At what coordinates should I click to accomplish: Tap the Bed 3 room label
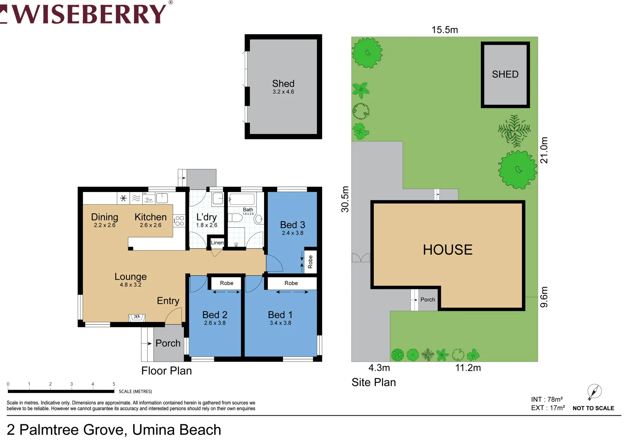(292, 225)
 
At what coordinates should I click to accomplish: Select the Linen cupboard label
(217, 243)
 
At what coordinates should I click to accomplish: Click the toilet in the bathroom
(258, 219)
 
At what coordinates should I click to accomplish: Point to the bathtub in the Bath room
(242, 199)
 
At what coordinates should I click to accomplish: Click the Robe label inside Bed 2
(226, 283)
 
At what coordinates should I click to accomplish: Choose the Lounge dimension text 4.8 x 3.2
(130, 285)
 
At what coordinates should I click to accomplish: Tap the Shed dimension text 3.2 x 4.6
(283, 92)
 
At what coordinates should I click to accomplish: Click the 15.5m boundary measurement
(444, 30)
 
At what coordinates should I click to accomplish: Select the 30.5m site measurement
(345, 199)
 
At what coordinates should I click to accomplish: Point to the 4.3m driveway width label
(379, 368)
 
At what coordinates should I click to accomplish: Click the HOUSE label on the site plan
(447, 250)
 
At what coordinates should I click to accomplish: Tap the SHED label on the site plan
(505, 74)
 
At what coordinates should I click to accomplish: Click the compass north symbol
(594, 391)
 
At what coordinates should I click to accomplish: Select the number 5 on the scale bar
(114, 384)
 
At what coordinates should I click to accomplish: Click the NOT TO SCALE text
(593, 408)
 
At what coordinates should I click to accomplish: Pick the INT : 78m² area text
(547, 400)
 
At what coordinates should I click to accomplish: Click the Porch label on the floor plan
(168, 343)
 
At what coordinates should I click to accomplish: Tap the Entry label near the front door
(168, 301)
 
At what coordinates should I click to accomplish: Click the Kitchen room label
(151, 217)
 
